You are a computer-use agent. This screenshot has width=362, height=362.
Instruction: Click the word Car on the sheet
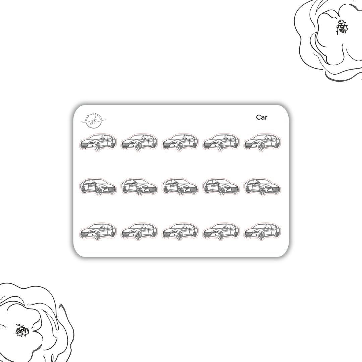[x=262, y=117]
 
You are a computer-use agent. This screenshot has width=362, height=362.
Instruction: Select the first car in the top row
[x=98, y=142]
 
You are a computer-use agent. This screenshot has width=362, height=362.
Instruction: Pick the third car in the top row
[x=180, y=142]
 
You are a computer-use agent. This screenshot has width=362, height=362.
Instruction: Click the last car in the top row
[x=262, y=142]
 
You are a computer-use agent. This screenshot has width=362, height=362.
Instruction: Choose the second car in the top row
[x=139, y=142]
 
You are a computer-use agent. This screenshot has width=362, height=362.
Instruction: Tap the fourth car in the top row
[x=221, y=142]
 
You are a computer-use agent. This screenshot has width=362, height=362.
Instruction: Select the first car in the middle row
[x=98, y=187]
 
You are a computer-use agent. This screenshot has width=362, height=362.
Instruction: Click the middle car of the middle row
[x=180, y=187]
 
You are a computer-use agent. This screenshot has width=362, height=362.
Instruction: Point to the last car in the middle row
[x=262, y=187]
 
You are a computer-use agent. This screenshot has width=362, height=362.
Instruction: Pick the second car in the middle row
[x=139, y=187]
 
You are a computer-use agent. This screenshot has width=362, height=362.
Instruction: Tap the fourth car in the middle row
[x=221, y=187]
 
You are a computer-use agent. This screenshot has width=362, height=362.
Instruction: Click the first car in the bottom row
[x=98, y=231]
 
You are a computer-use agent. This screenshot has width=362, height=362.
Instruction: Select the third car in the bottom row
[x=180, y=231]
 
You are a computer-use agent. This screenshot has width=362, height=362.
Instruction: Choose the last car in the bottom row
[x=262, y=231]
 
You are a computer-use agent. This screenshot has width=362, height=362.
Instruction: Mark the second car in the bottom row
[x=139, y=231]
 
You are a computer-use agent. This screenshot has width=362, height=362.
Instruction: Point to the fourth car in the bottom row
[x=221, y=231]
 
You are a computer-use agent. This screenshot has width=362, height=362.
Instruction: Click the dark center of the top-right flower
[x=342, y=27]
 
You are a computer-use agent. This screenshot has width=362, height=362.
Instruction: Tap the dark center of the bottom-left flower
[x=22, y=330]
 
